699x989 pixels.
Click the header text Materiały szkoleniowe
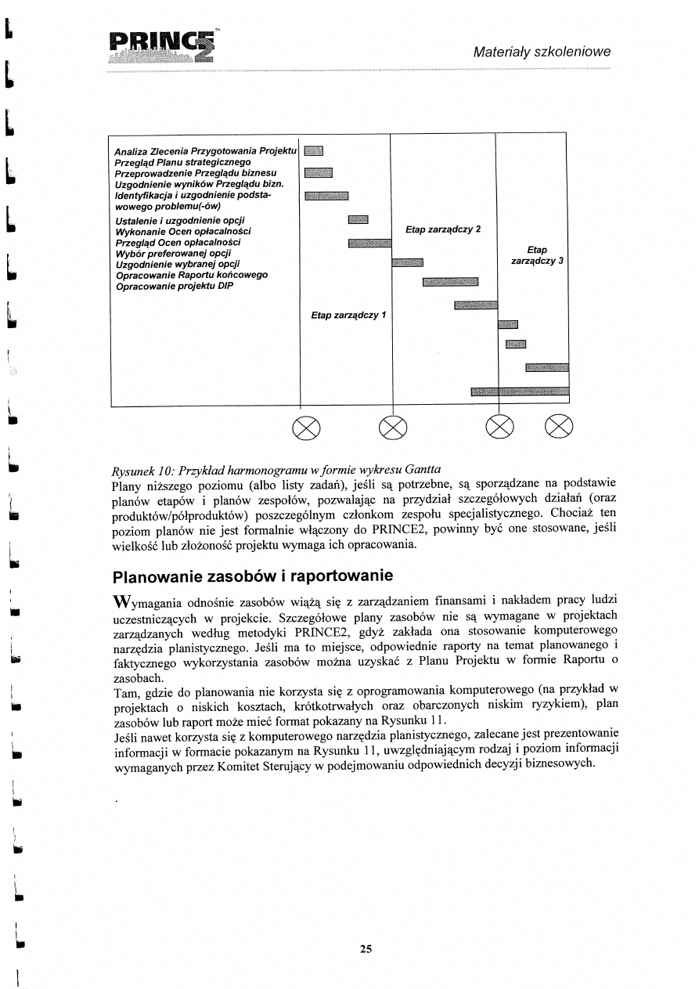tap(542, 52)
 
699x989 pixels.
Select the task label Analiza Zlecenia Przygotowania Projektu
tap(205, 150)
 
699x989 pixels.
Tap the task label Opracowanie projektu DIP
tap(175, 286)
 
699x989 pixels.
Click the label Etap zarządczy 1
tap(349, 316)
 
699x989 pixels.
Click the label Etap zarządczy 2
tap(443, 229)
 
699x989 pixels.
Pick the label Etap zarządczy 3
tap(538, 255)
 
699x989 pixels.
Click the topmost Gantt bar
tap(313, 151)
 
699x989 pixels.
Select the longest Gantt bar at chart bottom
tap(520, 392)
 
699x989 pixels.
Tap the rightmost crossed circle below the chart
tap(560, 428)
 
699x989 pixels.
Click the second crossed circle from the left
tap(391, 428)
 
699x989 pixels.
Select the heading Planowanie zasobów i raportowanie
tap(253, 577)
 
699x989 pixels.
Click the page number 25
tap(366, 949)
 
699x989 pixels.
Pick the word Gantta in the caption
tap(423, 470)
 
